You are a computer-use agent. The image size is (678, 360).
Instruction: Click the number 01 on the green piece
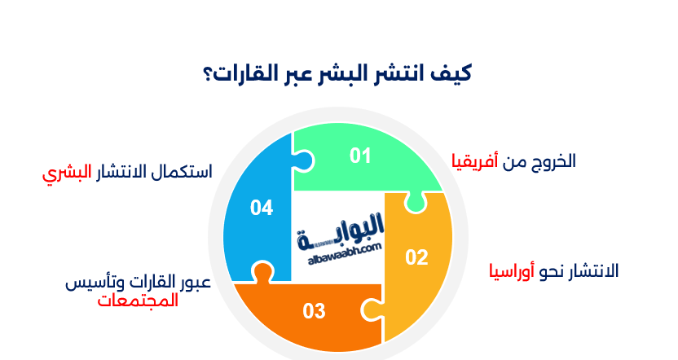pyautogui.click(x=360, y=156)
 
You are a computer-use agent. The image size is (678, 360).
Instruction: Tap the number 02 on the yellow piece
pyautogui.click(x=416, y=257)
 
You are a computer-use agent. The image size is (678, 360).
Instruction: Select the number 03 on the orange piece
pyautogui.click(x=314, y=310)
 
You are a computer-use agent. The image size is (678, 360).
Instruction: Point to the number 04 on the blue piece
pyautogui.click(x=261, y=209)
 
